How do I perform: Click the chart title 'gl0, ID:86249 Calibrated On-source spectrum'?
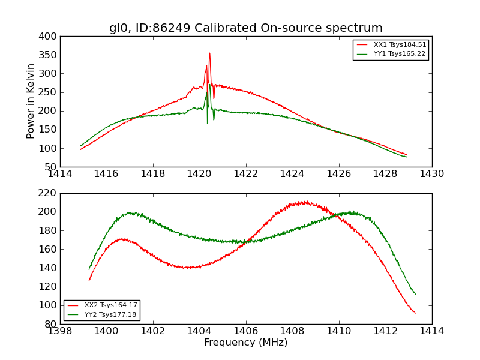pos(245,28)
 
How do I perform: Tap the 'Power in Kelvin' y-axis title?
pos(31,101)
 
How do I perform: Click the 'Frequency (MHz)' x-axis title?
pos(245,343)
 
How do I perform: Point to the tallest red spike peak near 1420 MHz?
pos(209,53)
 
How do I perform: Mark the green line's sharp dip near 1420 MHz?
pos(208,123)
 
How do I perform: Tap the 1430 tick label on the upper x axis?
pos(431,173)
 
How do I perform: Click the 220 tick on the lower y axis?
pos(49,193)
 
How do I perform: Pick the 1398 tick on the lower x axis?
pos(61,331)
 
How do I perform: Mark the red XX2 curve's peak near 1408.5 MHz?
pos(304,202)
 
